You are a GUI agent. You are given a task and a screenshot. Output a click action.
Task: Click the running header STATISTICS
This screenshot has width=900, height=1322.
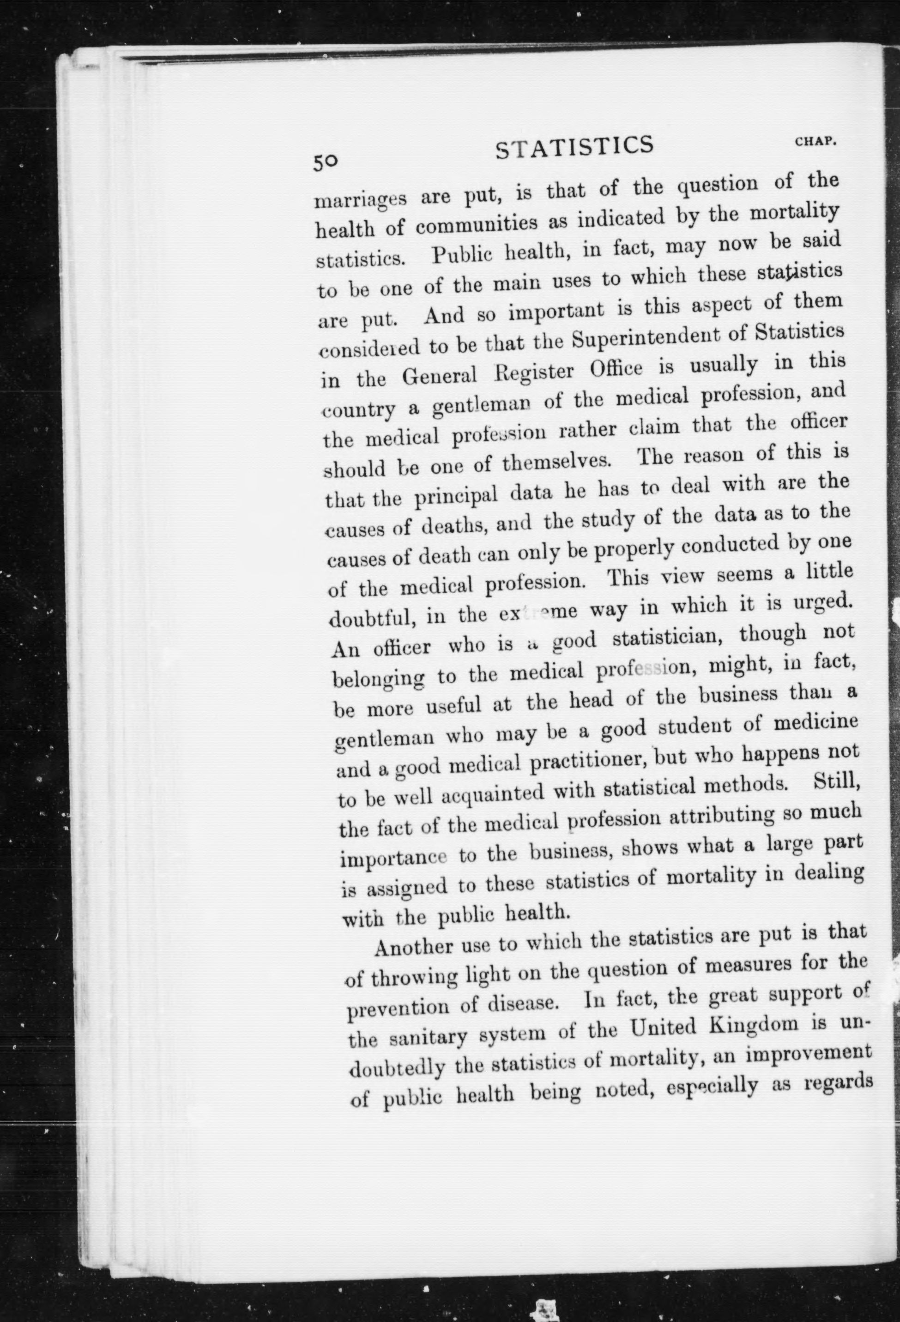coord(574,147)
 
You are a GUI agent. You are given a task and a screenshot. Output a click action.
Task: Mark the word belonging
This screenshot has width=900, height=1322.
coord(378,679)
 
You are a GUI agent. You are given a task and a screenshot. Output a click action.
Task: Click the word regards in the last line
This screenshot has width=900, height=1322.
coord(839,1084)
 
